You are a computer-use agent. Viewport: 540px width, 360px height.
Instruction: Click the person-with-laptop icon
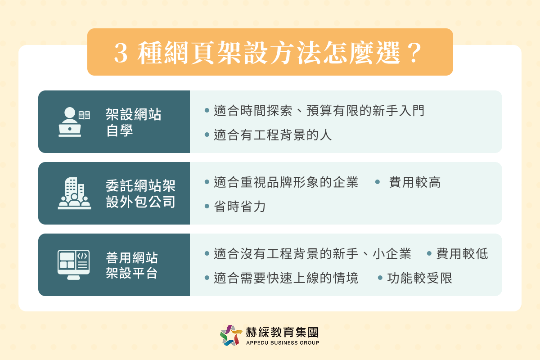70,122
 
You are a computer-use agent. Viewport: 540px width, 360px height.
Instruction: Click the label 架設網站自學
134,122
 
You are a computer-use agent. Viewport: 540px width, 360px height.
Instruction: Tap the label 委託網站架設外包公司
140,193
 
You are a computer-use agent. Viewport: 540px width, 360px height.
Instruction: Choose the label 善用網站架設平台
132,265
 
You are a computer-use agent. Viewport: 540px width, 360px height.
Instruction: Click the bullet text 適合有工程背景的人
273,135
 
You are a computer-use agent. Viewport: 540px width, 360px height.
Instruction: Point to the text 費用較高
415,182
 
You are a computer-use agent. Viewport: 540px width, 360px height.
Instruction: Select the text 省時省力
240,207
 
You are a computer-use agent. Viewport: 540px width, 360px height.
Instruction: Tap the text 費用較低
462,254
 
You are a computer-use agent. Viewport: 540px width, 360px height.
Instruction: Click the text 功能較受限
419,278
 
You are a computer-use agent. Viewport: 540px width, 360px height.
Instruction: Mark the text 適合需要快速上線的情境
286,278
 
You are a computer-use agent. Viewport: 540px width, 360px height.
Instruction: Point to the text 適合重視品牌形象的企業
286,182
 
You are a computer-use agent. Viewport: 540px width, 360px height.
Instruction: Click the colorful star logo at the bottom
231,336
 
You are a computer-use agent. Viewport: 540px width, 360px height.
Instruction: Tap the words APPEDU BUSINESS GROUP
283,343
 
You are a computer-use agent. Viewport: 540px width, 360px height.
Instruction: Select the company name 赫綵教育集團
283,332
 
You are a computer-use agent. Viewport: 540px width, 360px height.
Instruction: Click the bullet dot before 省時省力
207,207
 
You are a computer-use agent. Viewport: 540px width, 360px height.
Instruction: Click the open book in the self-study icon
84,115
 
